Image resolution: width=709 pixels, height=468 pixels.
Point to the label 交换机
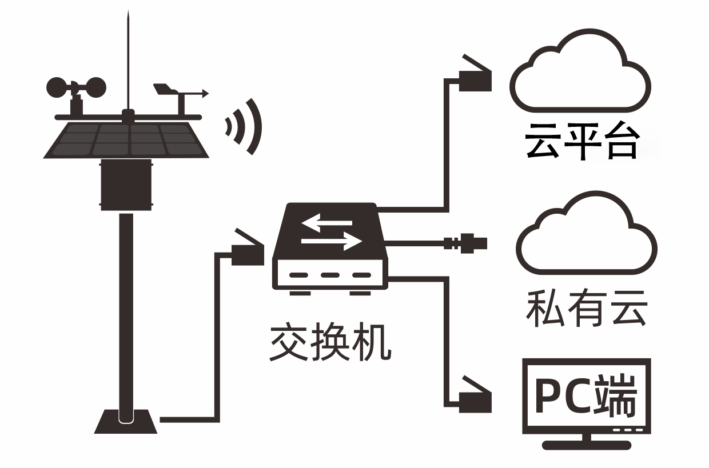point(330,343)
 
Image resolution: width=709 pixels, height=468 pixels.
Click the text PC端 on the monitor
point(586,395)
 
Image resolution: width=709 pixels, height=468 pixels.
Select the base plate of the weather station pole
point(126,421)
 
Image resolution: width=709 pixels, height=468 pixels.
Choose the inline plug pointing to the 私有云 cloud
point(466,243)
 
